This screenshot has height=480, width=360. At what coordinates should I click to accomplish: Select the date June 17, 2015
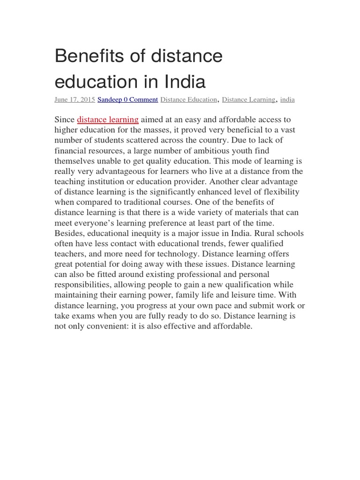(75, 100)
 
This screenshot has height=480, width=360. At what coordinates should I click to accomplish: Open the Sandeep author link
(109, 100)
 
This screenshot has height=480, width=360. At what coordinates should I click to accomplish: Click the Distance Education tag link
(188, 100)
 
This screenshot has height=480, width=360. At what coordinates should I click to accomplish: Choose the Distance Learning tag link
(248, 100)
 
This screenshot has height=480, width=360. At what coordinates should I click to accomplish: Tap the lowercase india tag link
(287, 100)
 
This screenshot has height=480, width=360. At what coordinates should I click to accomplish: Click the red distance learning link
(108, 120)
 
